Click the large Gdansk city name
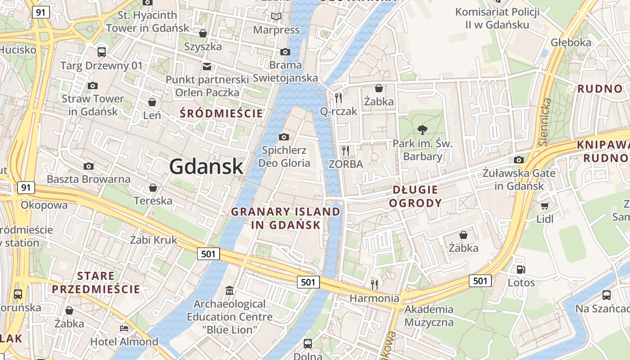[x=207, y=167]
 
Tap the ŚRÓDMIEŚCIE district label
[x=221, y=113]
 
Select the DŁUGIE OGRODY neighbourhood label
[x=415, y=196]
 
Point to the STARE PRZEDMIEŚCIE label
[x=95, y=282]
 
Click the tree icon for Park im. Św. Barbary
[x=422, y=130]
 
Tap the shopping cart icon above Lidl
[x=544, y=206]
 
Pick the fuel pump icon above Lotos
[x=521, y=270]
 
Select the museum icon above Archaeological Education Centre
[x=229, y=290]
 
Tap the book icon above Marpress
[x=276, y=17]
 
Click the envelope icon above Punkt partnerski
[x=207, y=67]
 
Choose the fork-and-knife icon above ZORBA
[x=345, y=150]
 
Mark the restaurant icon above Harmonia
[x=374, y=284]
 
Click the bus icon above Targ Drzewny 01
[x=102, y=52]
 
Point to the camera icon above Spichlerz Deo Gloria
[x=284, y=137]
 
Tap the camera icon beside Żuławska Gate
[x=519, y=160]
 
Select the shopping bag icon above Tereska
[x=153, y=187]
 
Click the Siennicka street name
[x=544, y=121]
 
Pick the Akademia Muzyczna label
[x=429, y=315]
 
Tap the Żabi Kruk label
[x=153, y=240]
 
